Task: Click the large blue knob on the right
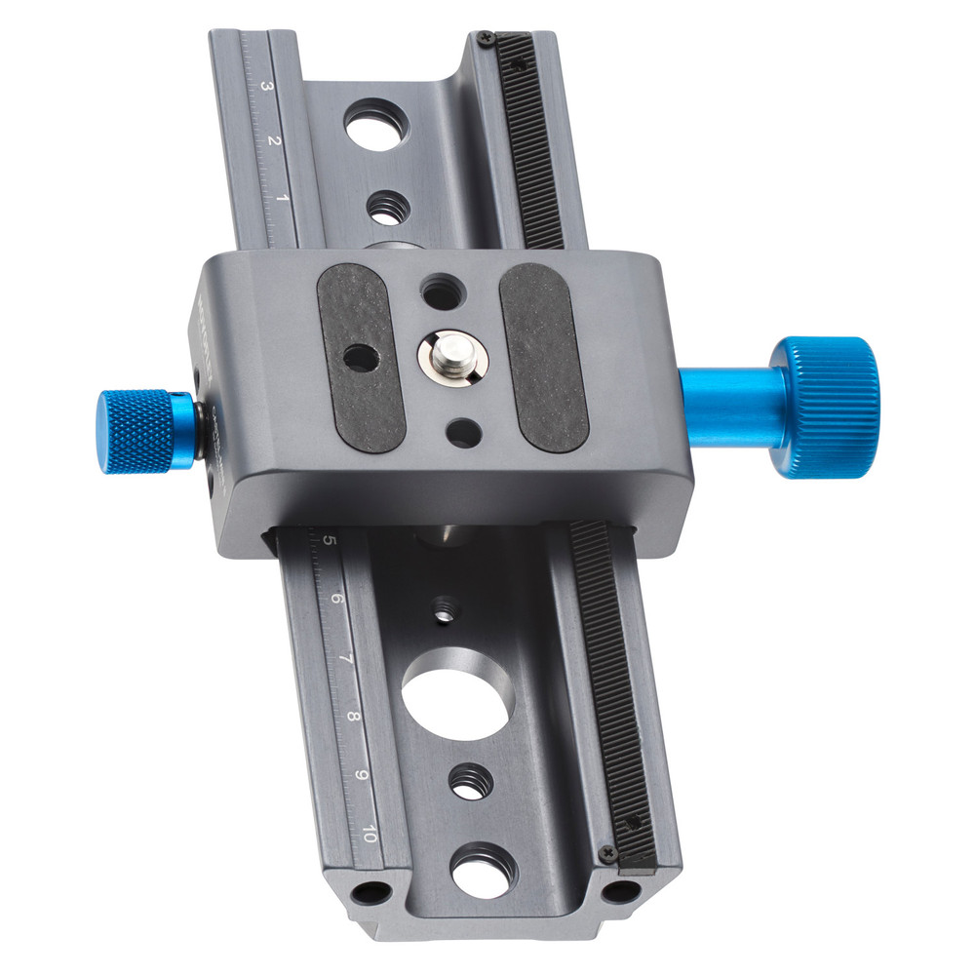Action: (x=826, y=407)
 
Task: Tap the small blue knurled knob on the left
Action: (x=136, y=430)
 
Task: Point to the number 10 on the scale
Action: (x=370, y=834)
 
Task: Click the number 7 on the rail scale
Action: (x=345, y=659)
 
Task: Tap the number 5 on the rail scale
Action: (x=330, y=540)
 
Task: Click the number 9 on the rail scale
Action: (x=361, y=775)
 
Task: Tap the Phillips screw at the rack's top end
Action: (x=486, y=39)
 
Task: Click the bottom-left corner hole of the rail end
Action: (x=370, y=891)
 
